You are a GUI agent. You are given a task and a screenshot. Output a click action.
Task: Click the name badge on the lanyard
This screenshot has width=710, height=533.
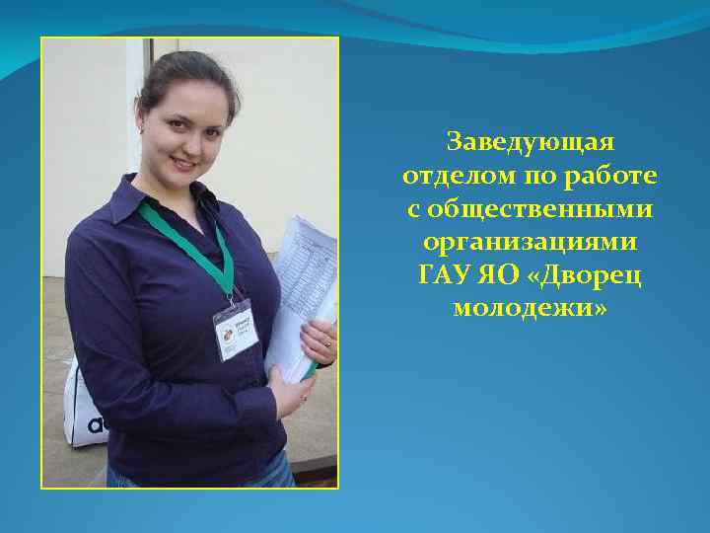pyautogui.click(x=235, y=328)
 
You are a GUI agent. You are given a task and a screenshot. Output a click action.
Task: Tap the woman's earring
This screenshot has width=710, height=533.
pyautogui.click(x=143, y=128)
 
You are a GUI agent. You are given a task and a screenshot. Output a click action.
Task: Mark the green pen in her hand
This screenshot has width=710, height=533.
pyautogui.click(x=310, y=369)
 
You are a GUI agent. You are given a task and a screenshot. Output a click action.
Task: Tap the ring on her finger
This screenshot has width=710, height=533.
pyautogui.click(x=327, y=342)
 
